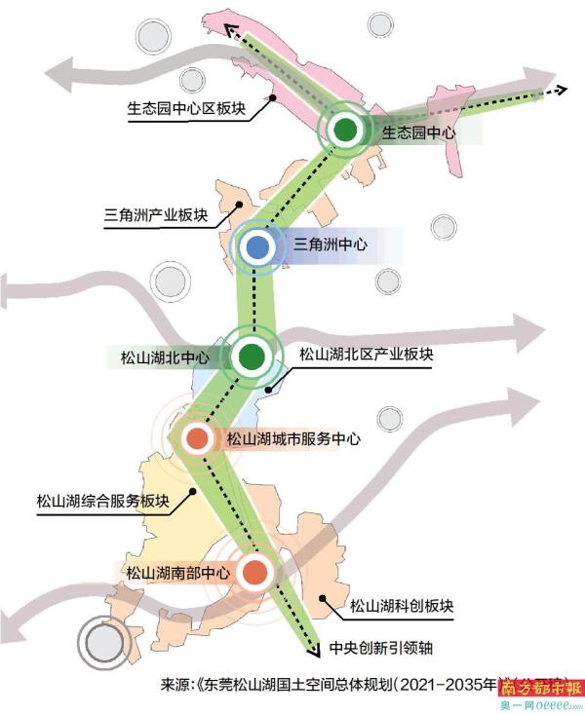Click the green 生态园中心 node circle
pos(345,130)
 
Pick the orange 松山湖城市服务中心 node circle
pos(198,439)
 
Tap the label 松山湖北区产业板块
pos(366,355)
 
